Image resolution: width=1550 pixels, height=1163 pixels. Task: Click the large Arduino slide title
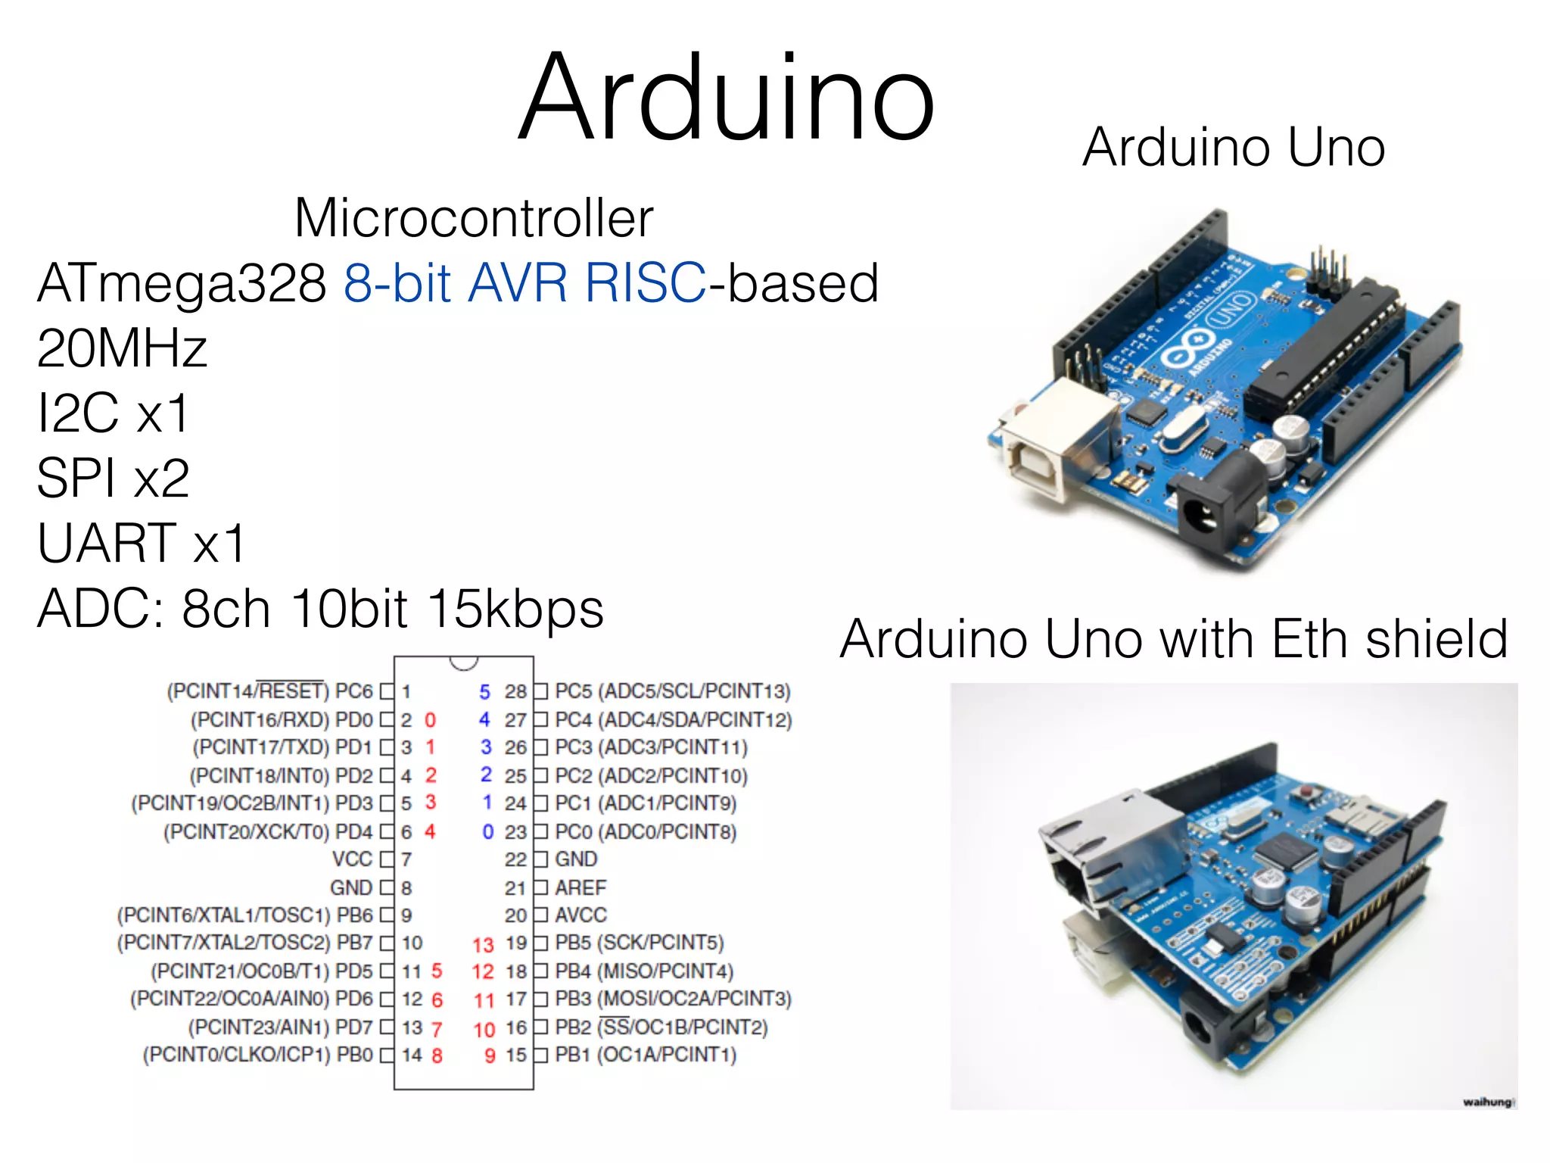tap(727, 98)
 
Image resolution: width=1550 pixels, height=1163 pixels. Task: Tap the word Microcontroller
tap(474, 218)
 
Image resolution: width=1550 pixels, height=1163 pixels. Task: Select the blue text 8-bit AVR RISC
tap(524, 283)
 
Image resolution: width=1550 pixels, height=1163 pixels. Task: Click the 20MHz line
tap(122, 348)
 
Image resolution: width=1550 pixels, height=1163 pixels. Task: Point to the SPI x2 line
tap(113, 479)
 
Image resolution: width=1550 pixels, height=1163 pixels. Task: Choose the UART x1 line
tap(142, 544)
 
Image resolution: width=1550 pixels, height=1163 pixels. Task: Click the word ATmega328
tap(182, 283)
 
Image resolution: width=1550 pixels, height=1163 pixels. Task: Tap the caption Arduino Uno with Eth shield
tap(1173, 639)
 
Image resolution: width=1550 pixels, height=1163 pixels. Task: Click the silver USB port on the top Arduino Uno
tap(1060, 439)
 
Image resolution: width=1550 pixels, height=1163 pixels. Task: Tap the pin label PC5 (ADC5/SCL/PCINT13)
tap(673, 691)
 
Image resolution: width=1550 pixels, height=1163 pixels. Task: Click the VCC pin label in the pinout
tap(353, 859)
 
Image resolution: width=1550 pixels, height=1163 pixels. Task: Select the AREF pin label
tap(580, 887)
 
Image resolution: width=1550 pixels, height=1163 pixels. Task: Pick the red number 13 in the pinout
tap(483, 945)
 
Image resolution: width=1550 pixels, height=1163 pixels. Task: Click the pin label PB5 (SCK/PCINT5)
tap(640, 943)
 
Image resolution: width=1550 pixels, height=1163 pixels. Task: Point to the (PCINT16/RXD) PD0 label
tap(282, 719)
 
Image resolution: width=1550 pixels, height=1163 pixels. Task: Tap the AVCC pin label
tap(580, 915)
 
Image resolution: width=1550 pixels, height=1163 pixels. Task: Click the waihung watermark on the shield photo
tap(1486, 1102)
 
